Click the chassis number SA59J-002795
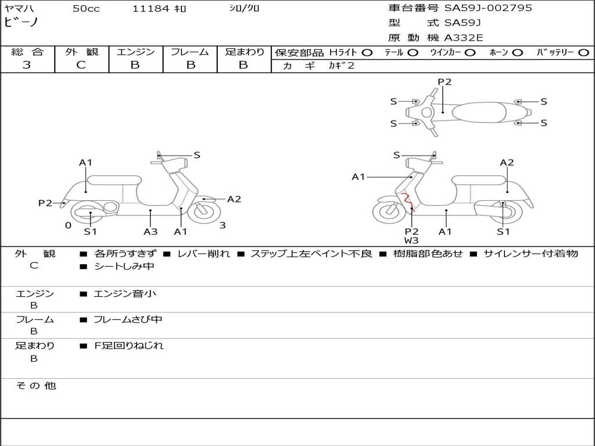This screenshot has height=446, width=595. [488, 8]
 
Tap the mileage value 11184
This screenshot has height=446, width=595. [150, 9]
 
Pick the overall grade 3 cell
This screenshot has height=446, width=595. [27, 65]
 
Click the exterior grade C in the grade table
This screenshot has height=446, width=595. [81, 65]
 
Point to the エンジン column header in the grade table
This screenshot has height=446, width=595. [135, 52]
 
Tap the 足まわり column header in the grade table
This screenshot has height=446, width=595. [244, 52]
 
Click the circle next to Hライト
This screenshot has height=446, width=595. [367, 53]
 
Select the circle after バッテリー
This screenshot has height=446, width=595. [583, 53]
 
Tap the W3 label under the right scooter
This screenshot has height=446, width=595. [411, 240]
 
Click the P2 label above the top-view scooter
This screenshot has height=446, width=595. [444, 82]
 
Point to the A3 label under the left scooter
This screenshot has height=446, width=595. [150, 232]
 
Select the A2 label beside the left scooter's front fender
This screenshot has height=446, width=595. [234, 199]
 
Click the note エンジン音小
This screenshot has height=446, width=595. [125, 293]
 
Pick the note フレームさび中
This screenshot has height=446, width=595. [128, 319]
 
